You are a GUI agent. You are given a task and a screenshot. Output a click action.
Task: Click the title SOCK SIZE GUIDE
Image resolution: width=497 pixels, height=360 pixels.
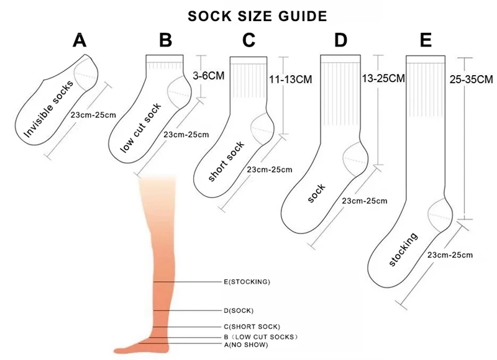coord(257,17)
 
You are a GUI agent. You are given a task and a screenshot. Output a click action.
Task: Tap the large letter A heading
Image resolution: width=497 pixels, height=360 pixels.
coord(80,40)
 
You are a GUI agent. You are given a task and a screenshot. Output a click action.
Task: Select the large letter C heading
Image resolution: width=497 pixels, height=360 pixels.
coord(249,40)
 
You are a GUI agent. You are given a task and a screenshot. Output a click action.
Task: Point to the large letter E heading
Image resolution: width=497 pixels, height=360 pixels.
coord(426,40)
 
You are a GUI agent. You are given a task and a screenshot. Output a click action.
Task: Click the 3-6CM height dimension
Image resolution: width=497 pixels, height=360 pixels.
coord(209,76)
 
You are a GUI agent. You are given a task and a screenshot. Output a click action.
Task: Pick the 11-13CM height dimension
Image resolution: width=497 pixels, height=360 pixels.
coord(290,79)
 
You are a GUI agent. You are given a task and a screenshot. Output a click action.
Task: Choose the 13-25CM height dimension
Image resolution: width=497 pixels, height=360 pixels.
coord(383,78)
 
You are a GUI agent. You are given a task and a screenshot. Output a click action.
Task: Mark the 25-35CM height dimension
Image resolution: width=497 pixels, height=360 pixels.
coord(472,79)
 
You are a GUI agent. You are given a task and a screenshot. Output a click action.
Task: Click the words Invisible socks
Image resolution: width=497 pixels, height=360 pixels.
coord(48,109)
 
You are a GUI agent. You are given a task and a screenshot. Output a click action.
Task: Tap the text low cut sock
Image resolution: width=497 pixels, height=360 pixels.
coord(140,128)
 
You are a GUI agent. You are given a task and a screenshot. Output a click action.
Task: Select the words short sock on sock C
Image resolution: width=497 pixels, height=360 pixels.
coord(226,161)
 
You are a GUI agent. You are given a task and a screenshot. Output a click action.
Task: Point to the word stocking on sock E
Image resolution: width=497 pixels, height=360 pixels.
coord(403,250)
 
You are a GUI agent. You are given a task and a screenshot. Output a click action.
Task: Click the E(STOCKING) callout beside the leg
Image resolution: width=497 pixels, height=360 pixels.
coord(247,282)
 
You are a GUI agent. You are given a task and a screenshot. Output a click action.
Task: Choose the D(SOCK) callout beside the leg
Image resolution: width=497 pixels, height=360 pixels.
coord(239,310)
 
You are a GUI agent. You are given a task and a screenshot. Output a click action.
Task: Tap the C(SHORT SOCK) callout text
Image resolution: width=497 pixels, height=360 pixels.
coord(252,326)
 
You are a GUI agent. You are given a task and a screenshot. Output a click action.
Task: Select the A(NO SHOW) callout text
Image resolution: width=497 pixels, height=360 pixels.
coord(246,345)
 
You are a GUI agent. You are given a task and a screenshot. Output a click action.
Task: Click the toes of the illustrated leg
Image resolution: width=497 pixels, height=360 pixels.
coord(122,351)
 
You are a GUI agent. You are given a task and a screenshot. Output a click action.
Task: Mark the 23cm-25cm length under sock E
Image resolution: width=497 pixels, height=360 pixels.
coord(450,255)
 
